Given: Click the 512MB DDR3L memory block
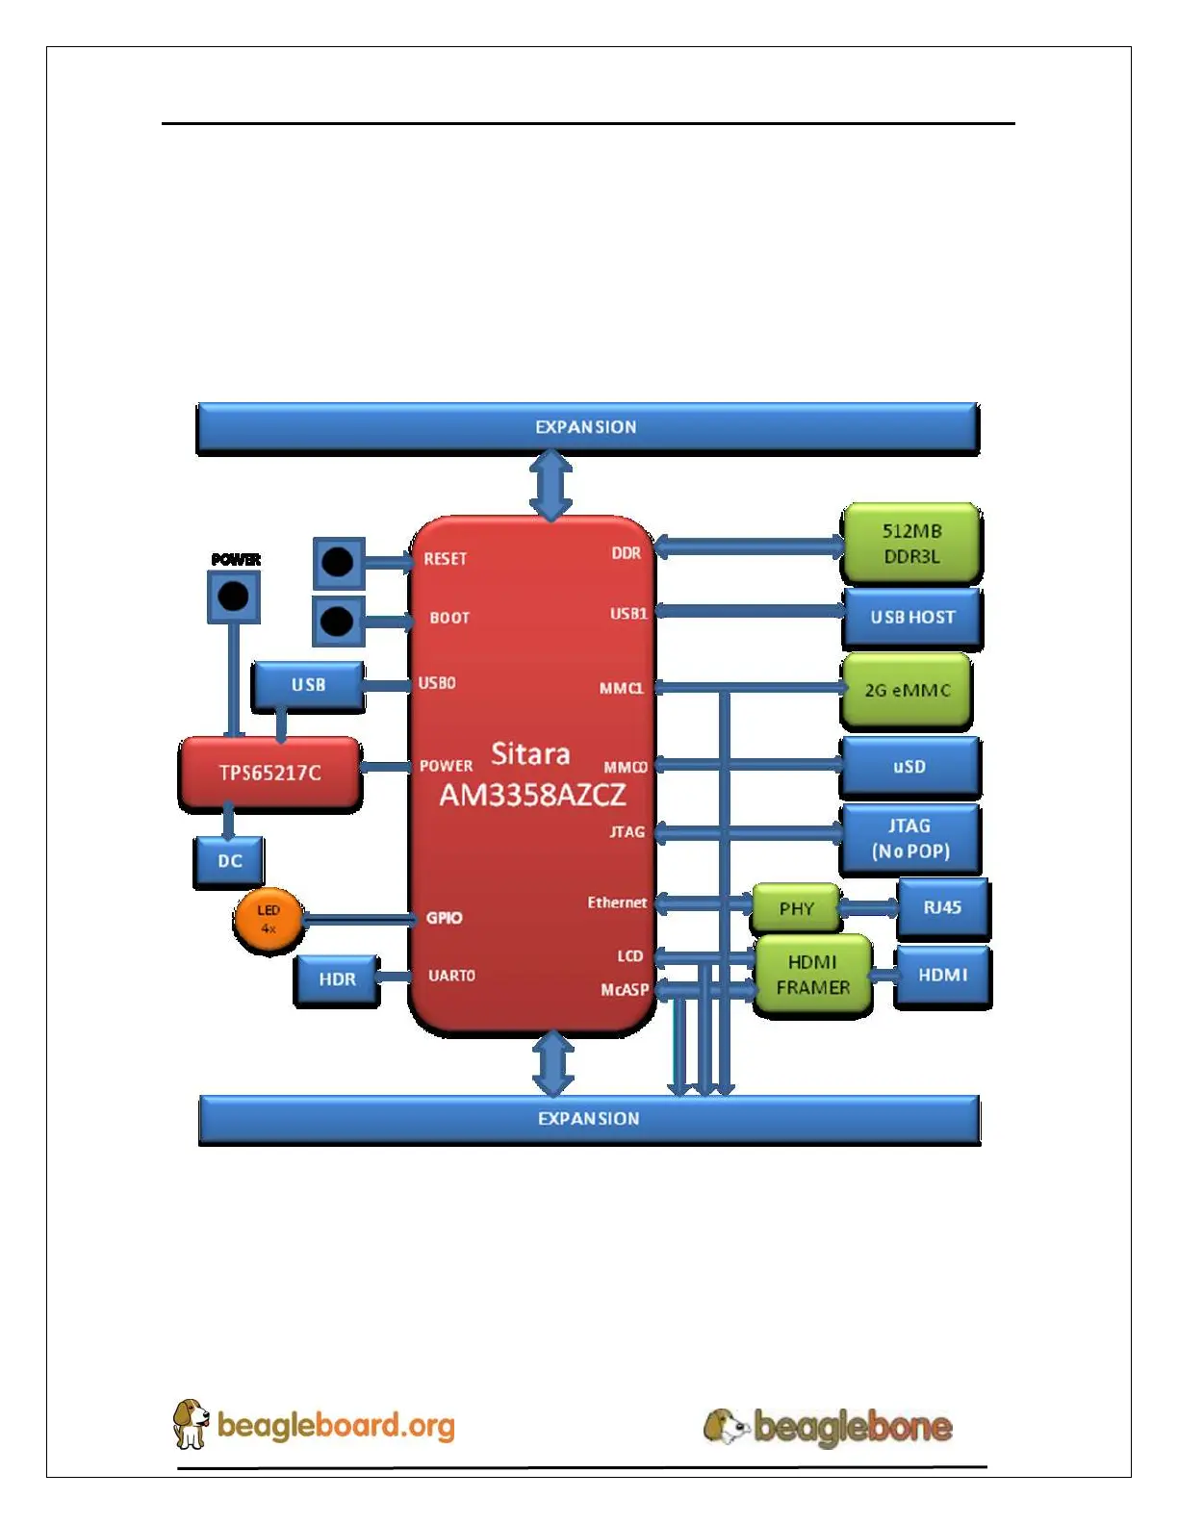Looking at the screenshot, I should coord(911,544).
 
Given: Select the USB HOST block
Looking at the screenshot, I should coord(912,618).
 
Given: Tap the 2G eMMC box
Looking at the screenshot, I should coord(907,690).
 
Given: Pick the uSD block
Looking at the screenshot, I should coord(909,767).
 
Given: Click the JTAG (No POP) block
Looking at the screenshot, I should coord(910,838).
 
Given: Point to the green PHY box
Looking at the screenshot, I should coord(796,908).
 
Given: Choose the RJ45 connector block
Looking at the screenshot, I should coord(942,907).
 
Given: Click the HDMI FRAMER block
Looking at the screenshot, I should coord(812,975).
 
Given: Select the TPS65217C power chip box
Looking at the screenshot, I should coord(269,773).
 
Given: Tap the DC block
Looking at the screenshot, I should coord(229,860).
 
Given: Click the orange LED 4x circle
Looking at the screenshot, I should coord(269,919).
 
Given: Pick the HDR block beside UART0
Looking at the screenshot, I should coord(337,979).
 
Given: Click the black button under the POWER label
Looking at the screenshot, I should coord(234,597).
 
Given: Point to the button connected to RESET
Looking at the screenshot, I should coord(338,562).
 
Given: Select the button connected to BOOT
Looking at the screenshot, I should coord(337,621).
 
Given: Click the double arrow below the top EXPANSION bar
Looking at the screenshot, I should coord(551,486).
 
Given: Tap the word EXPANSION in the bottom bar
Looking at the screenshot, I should coord(588,1119).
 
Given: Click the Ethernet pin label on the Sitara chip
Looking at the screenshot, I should coord(617,902).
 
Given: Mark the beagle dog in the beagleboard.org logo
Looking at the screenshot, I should coord(191,1424).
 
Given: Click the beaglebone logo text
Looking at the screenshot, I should coord(852,1426).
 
